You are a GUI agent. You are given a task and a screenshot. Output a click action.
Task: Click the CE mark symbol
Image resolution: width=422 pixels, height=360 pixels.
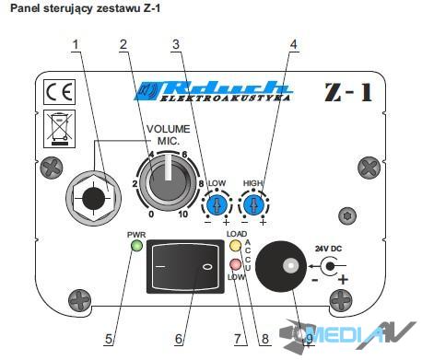click(x=59, y=92)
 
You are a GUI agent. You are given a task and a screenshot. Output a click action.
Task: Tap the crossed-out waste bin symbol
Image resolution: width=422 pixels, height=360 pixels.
click(x=59, y=129)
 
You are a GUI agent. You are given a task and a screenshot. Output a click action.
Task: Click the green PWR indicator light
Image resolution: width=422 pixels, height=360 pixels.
click(x=136, y=246)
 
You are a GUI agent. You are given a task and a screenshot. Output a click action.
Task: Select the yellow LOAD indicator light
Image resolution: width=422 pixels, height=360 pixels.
click(x=236, y=246)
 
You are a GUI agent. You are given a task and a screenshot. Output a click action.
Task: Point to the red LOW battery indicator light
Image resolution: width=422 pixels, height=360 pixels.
click(x=236, y=264)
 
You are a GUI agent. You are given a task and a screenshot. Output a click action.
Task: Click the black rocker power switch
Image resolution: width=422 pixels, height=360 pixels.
click(x=184, y=266)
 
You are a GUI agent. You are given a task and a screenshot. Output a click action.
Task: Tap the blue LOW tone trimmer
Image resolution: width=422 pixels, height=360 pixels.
click(x=217, y=205)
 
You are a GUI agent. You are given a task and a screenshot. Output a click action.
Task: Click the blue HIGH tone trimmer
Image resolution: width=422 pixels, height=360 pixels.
click(x=253, y=205)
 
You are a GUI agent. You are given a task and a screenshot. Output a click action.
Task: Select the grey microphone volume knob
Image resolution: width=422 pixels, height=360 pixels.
click(x=168, y=182)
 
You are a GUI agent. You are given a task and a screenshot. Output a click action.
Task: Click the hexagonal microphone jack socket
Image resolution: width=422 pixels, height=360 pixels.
click(x=93, y=199)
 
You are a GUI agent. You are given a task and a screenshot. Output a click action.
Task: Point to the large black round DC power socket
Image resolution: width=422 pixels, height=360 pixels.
click(x=281, y=266)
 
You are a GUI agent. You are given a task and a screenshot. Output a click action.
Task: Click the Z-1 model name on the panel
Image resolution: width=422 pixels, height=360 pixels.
click(x=348, y=92)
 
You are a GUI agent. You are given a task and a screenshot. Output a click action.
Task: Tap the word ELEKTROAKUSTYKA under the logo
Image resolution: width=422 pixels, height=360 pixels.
click(x=225, y=99)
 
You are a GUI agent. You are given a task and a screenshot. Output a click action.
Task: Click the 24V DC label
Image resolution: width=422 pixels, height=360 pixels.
click(x=328, y=249)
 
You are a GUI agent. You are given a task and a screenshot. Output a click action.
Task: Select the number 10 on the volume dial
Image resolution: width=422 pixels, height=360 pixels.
click(x=183, y=215)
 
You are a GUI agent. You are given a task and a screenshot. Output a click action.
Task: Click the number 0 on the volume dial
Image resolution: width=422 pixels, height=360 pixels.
click(x=151, y=215)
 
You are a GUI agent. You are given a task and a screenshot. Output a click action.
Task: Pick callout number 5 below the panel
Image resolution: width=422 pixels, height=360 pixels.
click(x=109, y=339)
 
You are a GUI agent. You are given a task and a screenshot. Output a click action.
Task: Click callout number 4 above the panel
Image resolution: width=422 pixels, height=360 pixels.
click(x=294, y=44)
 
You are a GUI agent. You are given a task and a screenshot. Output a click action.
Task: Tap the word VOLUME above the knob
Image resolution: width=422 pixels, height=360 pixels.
click(x=169, y=129)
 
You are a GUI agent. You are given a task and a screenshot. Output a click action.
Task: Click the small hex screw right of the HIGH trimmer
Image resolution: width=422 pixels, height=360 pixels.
click(x=347, y=215)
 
